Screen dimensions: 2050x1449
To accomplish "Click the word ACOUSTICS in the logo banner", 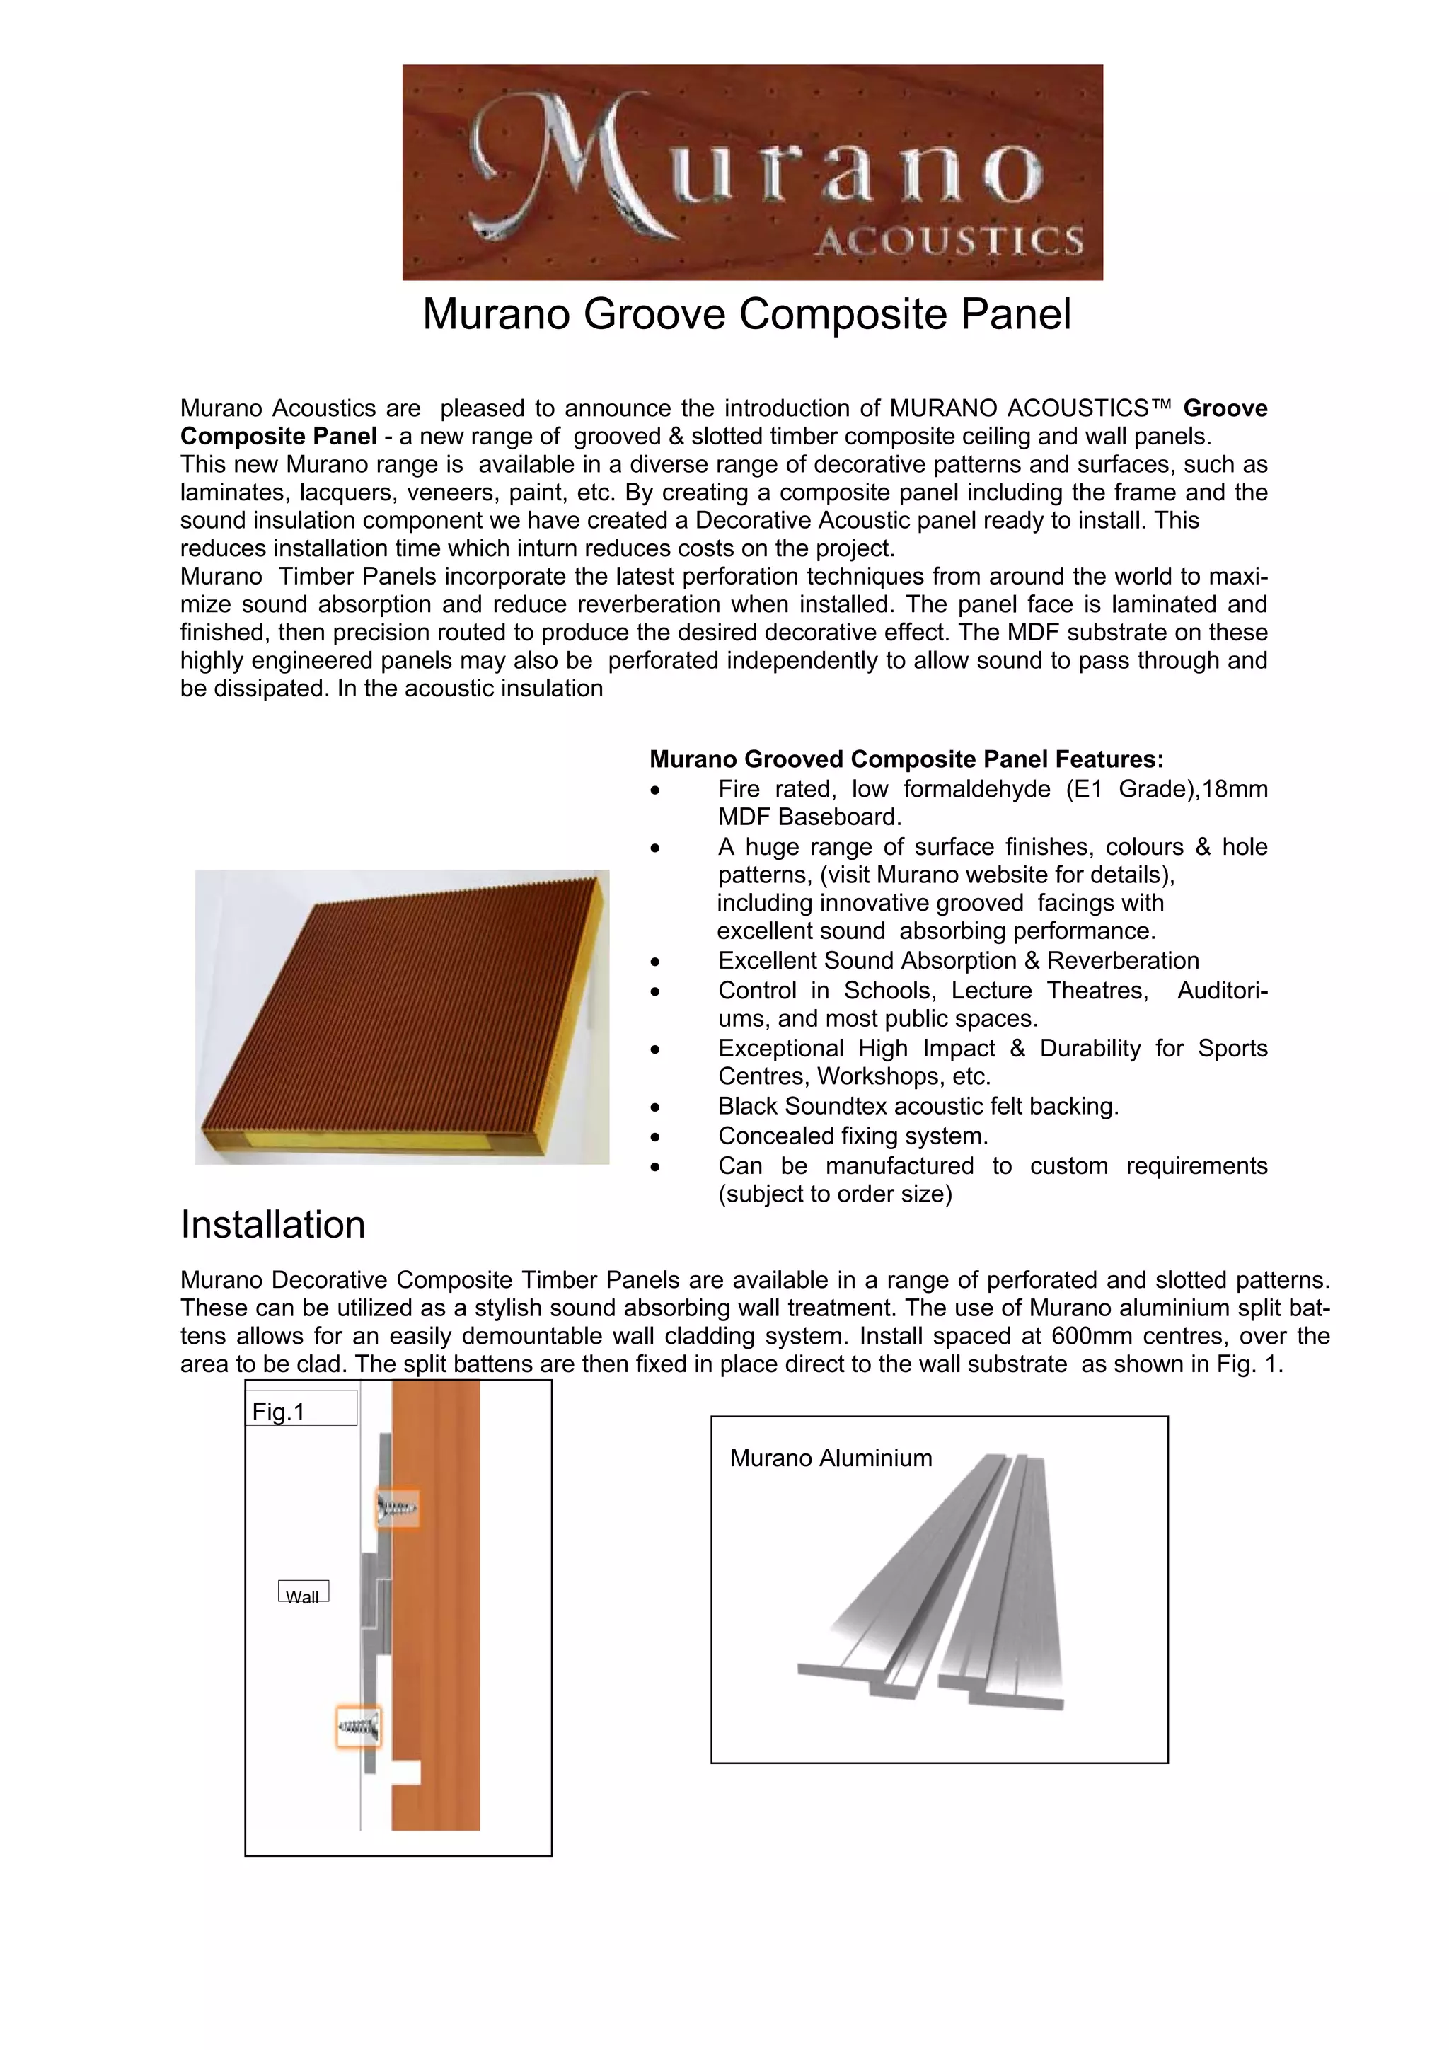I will coord(949,241).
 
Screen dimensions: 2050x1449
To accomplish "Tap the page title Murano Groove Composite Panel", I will coord(746,314).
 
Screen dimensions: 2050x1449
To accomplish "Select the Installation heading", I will coord(273,1224).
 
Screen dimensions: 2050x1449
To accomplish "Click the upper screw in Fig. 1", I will coord(396,1508).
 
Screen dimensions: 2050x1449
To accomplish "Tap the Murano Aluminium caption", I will coord(831,1458).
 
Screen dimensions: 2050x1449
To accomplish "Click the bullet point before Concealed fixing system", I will coord(655,1137).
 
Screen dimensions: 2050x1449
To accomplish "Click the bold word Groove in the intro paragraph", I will coord(1225,408).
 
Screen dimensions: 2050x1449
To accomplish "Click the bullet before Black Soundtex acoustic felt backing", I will coord(655,1108).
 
